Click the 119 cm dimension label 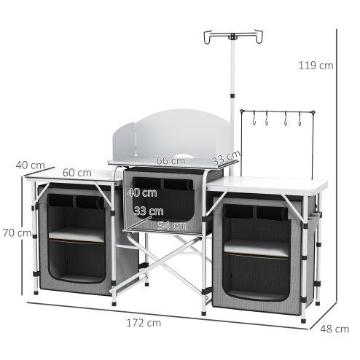pyautogui.click(x=316, y=65)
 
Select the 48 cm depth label pyautogui.click(x=334, y=328)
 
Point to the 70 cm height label pyautogui.click(x=15, y=233)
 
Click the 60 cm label pyautogui.click(x=77, y=173)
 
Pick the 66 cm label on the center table pyautogui.click(x=170, y=160)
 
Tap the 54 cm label pyautogui.click(x=173, y=225)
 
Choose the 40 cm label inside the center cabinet pyautogui.click(x=141, y=193)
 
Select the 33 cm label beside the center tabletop pyautogui.click(x=226, y=157)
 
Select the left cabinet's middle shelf pyautogui.click(x=77, y=236)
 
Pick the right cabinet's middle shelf pyautogui.click(x=259, y=247)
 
